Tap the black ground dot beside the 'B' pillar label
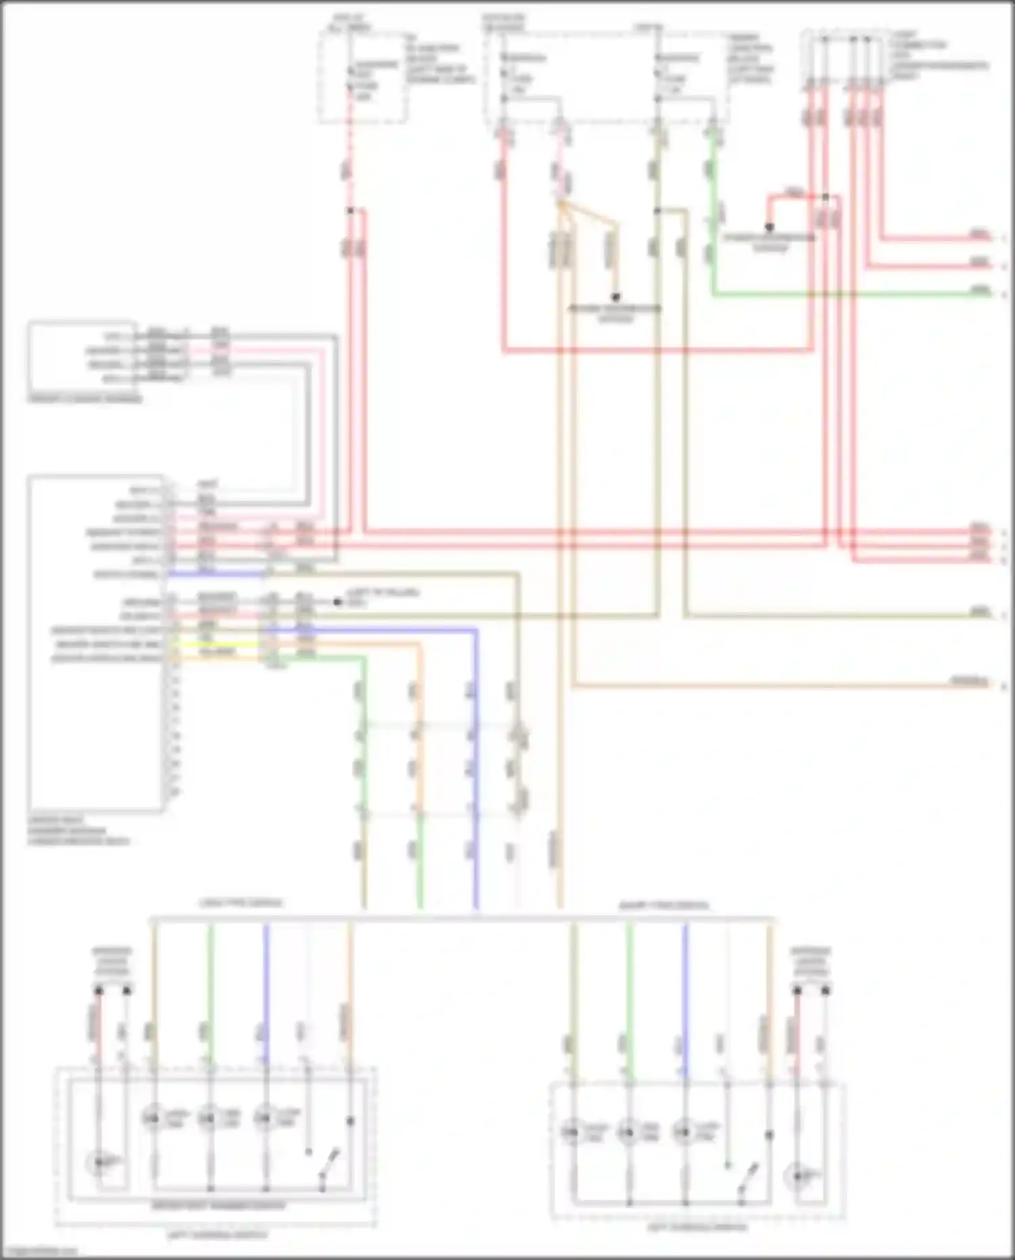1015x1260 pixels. [x=338, y=601]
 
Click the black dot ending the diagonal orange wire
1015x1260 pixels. [x=616, y=297]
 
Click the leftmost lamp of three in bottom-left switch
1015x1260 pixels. [x=154, y=1118]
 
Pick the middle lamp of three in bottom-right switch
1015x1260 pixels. [x=629, y=1131]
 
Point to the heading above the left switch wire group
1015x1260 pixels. [x=240, y=903]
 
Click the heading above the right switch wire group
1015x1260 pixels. [x=663, y=905]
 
